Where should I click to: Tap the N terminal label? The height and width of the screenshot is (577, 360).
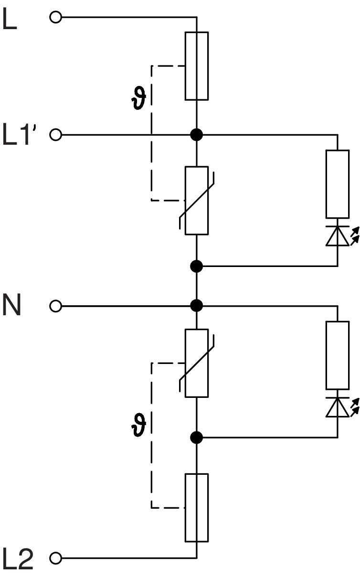pos(12,306)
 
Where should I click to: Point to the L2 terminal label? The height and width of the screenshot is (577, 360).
pos(19,559)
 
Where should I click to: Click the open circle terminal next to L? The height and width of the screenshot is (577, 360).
pos(55,18)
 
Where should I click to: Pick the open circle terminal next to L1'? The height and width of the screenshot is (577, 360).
pos(55,135)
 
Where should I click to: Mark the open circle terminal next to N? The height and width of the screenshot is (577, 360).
pos(55,306)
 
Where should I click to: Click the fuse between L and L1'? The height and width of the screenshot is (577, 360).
pos(196,66)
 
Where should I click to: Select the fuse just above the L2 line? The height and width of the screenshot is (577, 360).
pos(196,507)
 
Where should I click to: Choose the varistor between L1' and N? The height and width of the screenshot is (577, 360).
pos(196,200)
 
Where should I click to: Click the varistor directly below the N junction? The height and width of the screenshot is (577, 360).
pos(196,363)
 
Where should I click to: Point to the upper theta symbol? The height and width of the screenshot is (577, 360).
pos(140,99)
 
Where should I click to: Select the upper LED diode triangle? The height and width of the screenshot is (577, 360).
pos(338,237)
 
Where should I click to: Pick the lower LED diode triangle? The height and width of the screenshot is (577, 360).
pos(338,408)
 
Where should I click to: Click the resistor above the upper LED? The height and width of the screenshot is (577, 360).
pos(338,184)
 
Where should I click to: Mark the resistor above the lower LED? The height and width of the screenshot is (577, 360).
pos(338,355)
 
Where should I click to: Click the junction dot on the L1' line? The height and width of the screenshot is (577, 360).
pos(196,135)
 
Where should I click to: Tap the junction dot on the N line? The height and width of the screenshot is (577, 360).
pos(196,306)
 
